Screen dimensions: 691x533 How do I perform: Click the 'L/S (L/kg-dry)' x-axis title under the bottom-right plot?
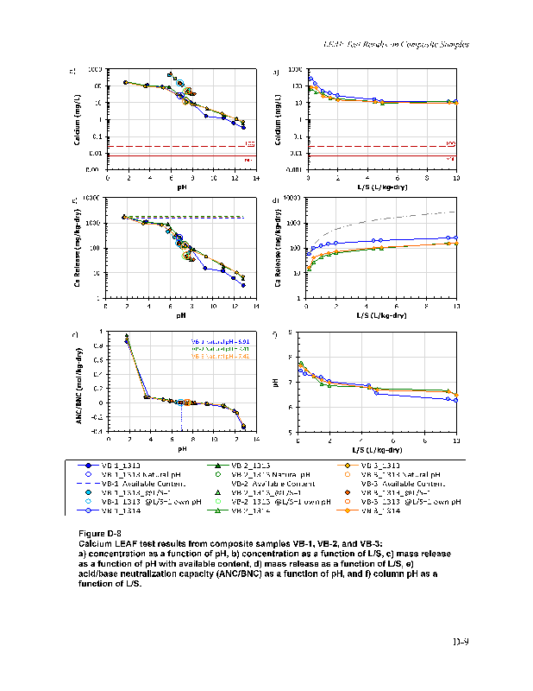point(377,450)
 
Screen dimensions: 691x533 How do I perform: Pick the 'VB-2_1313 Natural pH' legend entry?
point(262,474)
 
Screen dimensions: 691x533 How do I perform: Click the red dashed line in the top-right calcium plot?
point(379,146)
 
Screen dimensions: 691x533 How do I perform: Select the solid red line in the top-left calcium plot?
point(172,156)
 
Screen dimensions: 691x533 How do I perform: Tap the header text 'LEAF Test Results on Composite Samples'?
point(395,43)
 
